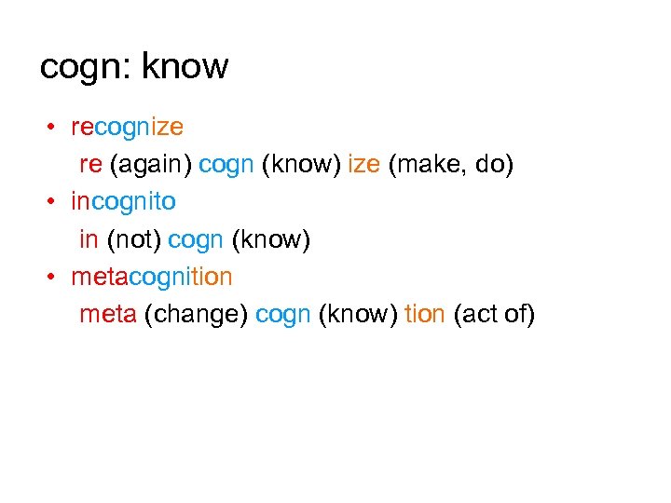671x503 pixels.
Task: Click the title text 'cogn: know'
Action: tap(134, 66)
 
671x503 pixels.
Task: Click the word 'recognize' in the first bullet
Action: tap(128, 126)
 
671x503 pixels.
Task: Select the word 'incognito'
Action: tap(123, 201)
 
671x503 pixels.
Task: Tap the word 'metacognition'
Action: tap(152, 278)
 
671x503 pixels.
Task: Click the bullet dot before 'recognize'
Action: tap(56, 127)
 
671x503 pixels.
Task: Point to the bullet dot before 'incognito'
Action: tap(56, 202)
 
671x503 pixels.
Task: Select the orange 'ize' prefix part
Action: tap(363, 164)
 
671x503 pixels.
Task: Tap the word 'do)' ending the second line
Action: tap(494, 164)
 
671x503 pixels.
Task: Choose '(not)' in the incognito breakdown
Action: tap(134, 240)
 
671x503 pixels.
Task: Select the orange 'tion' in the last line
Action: tap(425, 316)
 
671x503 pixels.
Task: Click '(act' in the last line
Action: tap(475, 316)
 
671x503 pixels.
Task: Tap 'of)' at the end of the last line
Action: tap(519, 316)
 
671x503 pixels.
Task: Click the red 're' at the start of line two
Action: tap(90, 165)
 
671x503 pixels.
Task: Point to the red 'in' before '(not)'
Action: tap(89, 240)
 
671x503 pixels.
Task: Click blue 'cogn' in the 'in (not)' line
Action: tap(196, 240)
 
